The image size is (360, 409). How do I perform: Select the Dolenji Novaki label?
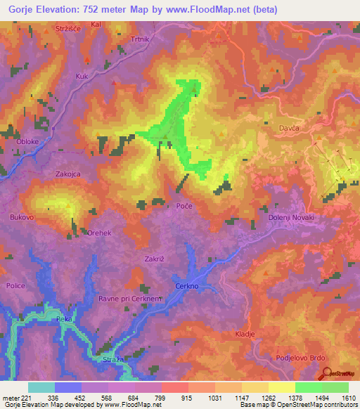pyautogui.click(x=294, y=218)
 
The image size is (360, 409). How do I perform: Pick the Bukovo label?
pyautogui.click(x=22, y=218)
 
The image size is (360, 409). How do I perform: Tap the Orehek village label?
pyautogui.click(x=99, y=233)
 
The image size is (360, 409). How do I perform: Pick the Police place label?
pyautogui.click(x=15, y=286)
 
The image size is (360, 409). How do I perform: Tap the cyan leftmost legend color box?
pyautogui.click(x=41, y=387)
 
